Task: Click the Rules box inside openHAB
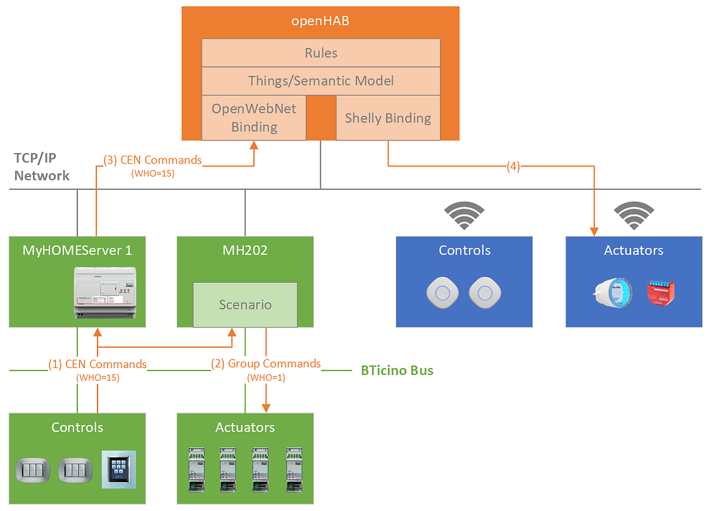321,53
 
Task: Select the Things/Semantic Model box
321,81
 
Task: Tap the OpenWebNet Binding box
254,118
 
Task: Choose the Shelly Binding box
388,118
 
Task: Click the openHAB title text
320,22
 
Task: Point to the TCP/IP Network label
42,167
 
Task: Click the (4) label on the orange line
513,167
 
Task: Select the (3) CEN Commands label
152,160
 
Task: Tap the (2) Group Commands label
266,363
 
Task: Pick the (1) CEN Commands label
98,364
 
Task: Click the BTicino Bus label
397,370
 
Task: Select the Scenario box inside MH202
245,305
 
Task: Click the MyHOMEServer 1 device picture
105,293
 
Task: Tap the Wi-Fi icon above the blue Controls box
464,215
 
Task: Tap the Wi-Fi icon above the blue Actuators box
634,215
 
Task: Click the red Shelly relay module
661,293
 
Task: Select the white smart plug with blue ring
613,293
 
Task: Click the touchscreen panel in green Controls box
118,469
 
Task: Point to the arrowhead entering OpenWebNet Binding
254,145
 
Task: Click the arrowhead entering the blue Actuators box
594,232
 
